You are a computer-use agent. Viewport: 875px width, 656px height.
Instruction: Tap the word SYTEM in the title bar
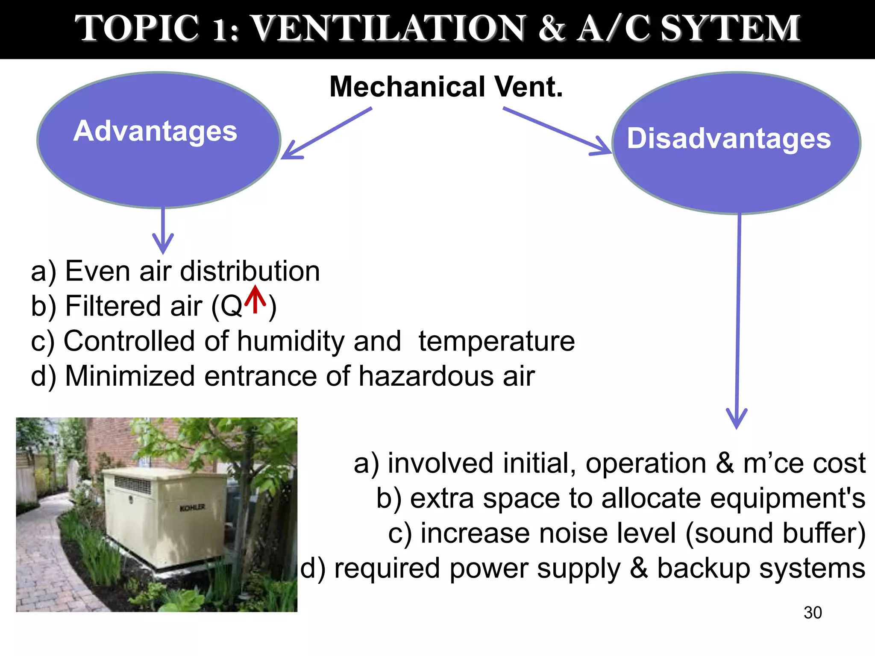point(730,28)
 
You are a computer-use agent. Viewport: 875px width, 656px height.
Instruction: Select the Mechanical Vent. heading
point(446,87)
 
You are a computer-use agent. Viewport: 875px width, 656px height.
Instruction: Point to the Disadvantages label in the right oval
point(729,138)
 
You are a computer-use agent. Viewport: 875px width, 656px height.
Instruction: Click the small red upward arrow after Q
point(255,299)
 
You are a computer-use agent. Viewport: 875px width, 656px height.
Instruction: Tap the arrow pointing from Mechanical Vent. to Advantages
point(327,133)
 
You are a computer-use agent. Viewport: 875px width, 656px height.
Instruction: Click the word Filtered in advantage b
point(133,306)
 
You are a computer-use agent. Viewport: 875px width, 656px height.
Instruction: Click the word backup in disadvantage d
point(703,568)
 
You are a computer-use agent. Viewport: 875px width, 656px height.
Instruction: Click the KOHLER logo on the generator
point(192,508)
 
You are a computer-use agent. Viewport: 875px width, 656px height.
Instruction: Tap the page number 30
point(813,612)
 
